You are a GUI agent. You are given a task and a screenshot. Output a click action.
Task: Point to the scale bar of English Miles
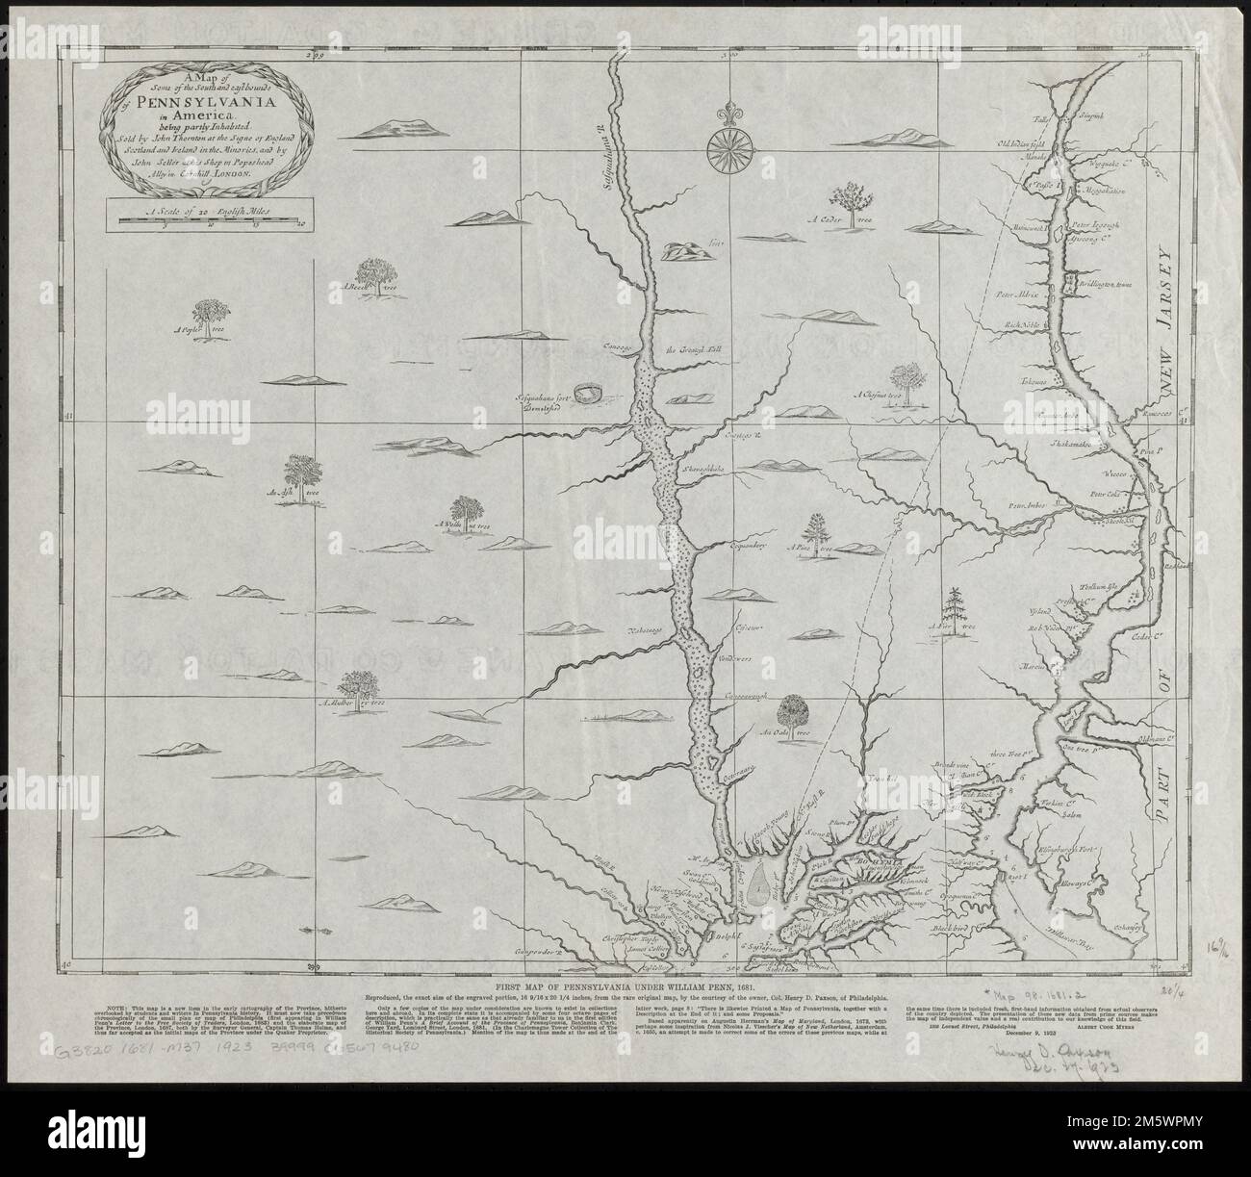[208, 220]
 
